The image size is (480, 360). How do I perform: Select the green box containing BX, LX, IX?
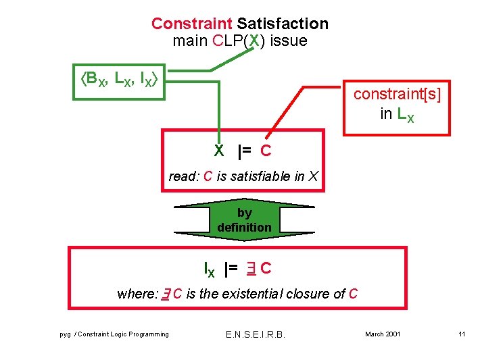coord(120,82)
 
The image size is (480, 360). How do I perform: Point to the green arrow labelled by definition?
coord(244,220)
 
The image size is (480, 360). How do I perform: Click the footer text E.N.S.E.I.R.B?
coord(254,334)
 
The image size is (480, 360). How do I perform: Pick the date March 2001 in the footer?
coord(383,334)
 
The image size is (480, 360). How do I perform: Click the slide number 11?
coord(462,334)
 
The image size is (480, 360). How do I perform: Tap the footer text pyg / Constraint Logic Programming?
coord(114,334)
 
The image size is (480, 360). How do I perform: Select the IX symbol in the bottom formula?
coord(210,269)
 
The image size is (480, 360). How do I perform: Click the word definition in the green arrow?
coord(244,227)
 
